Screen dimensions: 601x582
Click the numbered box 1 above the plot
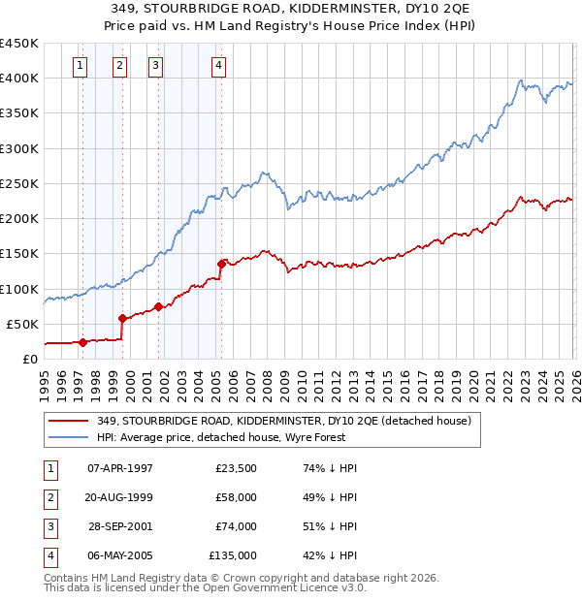80,66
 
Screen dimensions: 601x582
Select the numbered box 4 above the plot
219,66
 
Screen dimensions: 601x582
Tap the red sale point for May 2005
222,264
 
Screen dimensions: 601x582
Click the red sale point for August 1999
123,318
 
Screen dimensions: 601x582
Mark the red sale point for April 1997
82,342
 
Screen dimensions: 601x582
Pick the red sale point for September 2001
159,306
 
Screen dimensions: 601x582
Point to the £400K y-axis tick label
19,79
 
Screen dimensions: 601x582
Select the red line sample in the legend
68,421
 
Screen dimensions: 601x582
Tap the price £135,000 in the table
233,555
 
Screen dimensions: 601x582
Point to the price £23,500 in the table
236,468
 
